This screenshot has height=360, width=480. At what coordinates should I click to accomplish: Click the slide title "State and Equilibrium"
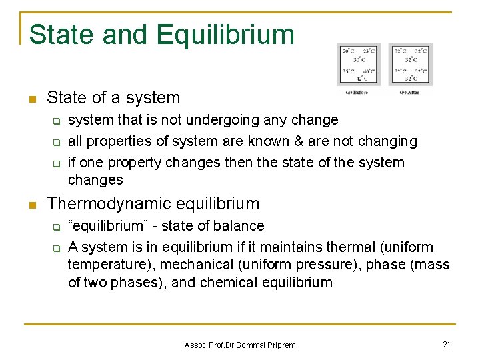pos(161,35)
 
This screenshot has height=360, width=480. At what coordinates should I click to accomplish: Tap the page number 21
pos(447,344)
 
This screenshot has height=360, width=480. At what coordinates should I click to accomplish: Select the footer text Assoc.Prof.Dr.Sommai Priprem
pos(240,345)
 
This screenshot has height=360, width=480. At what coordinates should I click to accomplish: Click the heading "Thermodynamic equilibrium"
pos(153,203)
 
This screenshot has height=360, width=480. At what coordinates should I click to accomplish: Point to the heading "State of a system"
pos(113,97)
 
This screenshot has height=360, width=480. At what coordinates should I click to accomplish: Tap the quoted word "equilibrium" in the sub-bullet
pos(101,226)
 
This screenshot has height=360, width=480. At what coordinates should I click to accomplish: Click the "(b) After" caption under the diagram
pos(409,92)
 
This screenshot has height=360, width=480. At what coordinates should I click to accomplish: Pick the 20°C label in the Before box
pos(348,51)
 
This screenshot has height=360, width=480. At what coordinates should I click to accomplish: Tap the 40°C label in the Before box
pos(369,70)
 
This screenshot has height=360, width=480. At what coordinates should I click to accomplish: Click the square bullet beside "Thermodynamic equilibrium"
pos(31,204)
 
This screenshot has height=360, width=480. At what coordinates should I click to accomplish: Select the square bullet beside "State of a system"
pos(31,99)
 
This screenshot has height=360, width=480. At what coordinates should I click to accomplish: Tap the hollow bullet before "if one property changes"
pos(57,163)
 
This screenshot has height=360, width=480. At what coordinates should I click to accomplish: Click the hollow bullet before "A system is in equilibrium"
pos(57,248)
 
